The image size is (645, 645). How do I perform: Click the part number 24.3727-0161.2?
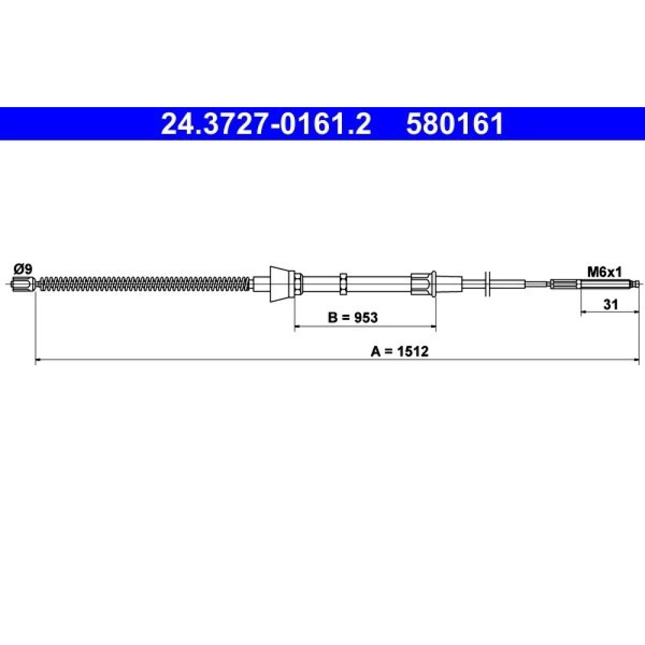coord(266,124)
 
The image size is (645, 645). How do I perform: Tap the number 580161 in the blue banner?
coord(455,124)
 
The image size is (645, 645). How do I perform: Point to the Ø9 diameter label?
coord(23,270)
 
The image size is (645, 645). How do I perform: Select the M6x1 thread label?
coord(604,272)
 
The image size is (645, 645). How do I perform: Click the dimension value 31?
coord(610,304)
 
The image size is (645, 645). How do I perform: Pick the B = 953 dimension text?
coord(353,317)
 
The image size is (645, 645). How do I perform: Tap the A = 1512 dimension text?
coord(399,352)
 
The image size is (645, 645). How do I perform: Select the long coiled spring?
coord(144,283)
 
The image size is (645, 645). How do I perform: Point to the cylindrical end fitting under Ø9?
coord(23,283)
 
